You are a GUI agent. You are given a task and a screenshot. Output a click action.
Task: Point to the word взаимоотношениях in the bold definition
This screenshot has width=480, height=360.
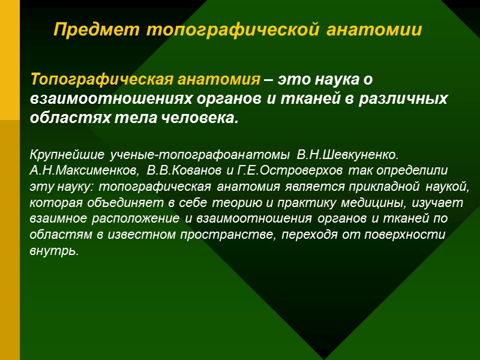[105, 98]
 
